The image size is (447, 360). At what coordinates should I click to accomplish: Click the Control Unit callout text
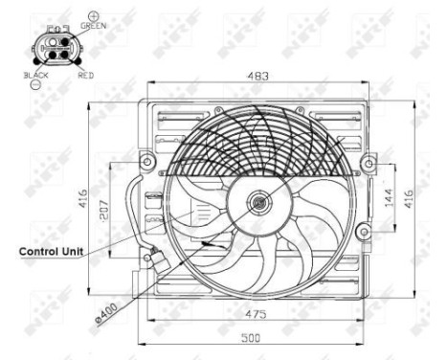point(51,251)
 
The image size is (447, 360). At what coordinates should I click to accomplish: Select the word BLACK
point(35,74)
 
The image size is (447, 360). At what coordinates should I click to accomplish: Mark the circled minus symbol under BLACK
point(35,84)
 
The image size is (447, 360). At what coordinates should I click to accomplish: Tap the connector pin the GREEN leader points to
point(65,41)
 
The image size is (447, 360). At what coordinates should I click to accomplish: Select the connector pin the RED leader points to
point(65,55)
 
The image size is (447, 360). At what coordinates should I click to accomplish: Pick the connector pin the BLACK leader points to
point(46,55)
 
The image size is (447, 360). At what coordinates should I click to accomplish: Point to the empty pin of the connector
point(46,41)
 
